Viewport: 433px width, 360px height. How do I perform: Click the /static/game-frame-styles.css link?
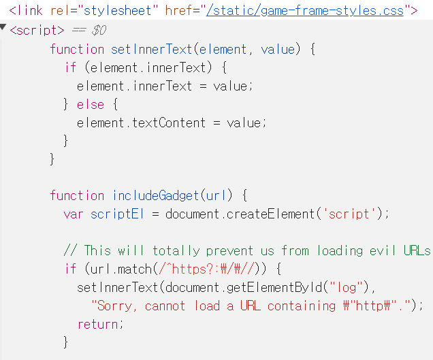click(x=305, y=10)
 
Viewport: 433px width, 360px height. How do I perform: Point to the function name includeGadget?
click(x=156, y=195)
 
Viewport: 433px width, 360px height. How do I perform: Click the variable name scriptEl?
click(x=118, y=214)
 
